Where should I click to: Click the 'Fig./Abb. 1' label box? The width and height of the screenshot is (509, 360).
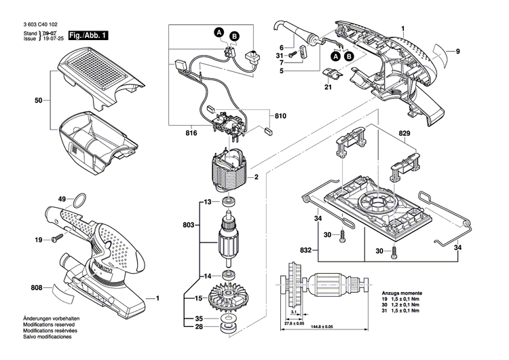(88, 34)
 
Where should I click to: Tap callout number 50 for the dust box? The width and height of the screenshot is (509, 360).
(39, 101)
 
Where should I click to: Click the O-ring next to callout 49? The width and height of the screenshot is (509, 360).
(79, 200)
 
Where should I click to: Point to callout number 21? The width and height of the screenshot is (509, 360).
(328, 88)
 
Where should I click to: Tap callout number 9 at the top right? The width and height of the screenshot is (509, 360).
(457, 52)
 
